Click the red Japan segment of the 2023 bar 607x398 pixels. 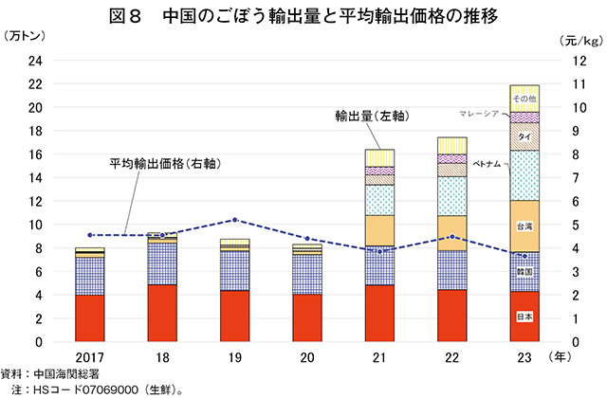(524, 316)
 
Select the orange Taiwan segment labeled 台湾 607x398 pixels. (524, 226)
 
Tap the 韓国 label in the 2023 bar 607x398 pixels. (524, 272)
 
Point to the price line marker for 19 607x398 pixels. (235, 220)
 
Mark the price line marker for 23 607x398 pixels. (524, 256)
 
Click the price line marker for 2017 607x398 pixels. (90, 235)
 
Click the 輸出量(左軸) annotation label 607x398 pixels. (371, 116)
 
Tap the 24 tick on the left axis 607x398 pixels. (36, 60)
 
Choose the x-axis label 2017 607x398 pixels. (90, 358)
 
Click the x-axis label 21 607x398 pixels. (379, 358)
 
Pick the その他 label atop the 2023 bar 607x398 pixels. (524, 98)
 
